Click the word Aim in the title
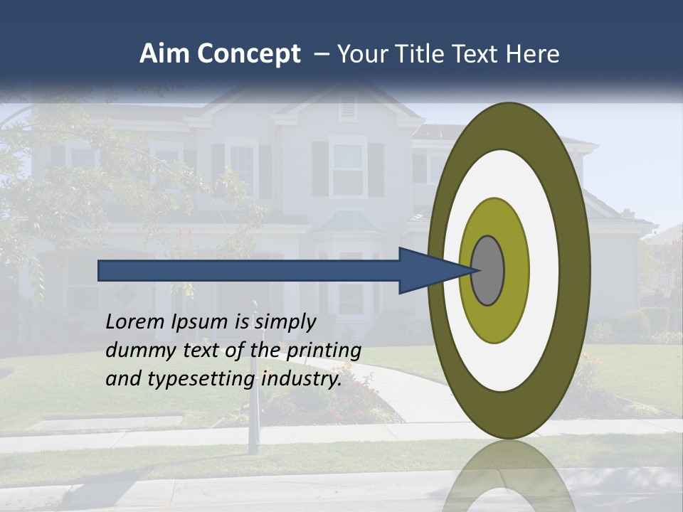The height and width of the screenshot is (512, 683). [164, 54]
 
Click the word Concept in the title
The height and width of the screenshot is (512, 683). [248, 54]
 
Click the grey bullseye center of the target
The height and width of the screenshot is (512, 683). [489, 271]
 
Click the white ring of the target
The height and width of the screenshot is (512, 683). [544, 271]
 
